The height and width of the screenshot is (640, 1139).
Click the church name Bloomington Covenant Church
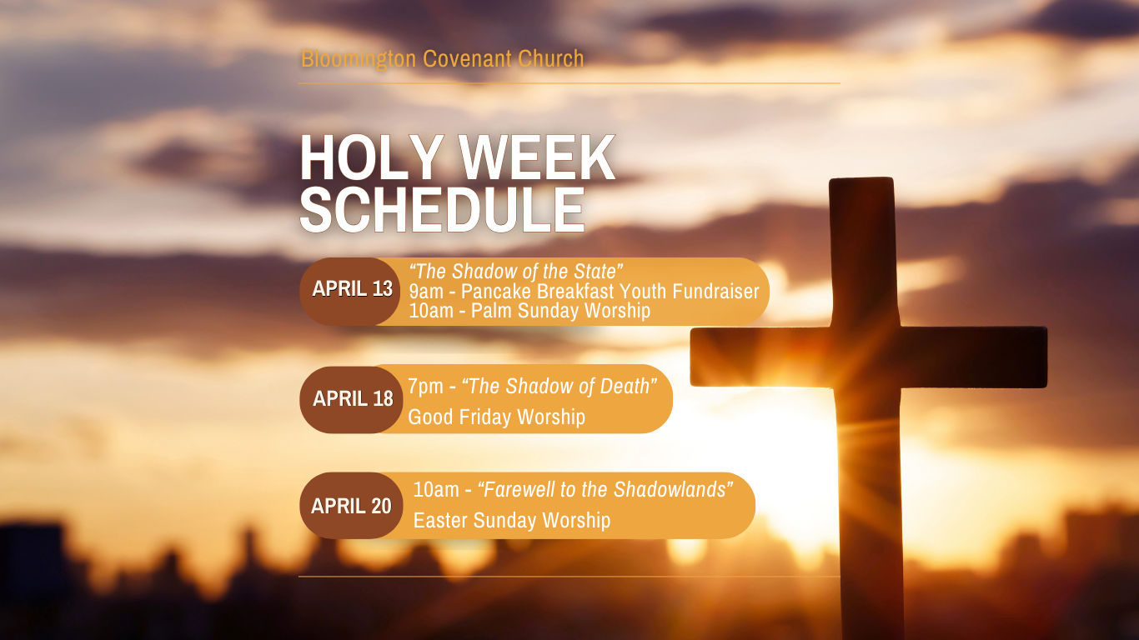(442, 58)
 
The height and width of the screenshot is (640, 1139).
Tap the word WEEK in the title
(537, 157)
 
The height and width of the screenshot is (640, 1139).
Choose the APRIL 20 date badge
(351, 506)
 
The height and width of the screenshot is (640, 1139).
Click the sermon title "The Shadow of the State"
(516, 272)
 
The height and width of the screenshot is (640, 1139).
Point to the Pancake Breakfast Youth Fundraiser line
(584, 292)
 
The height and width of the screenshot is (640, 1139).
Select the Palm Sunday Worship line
(529, 311)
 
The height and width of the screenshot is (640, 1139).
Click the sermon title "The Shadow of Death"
(559, 387)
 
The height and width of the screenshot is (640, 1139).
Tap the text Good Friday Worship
(496, 417)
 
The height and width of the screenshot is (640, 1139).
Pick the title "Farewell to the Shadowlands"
(605, 489)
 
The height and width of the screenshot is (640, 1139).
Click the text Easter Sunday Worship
(511, 521)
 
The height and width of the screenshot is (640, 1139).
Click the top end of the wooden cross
(861, 178)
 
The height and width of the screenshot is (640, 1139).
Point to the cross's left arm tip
(691, 357)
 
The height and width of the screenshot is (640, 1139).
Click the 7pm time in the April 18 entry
(425, 387)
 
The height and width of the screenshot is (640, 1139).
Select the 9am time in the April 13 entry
(426, 292)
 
